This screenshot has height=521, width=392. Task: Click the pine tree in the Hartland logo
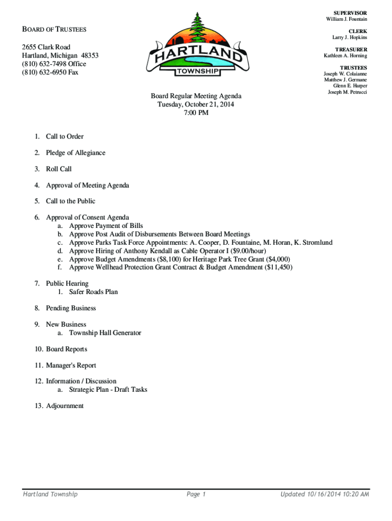pyautogui.click(x=197, y=25)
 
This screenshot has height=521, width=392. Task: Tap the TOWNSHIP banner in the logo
pyautogui.click(x=198, y=72)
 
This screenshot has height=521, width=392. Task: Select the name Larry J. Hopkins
pyautogui.click(x=350, y=38)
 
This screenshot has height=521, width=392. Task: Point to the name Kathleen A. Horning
pyautogui.click(x=346, y=55)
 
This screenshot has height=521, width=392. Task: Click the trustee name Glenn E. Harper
pyautogui.click(x=350, y=86)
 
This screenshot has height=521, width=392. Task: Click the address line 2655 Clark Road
pyautogui.click(x=46, y=47)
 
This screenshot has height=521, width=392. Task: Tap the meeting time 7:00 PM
pyautogui.click(x=196, y=112)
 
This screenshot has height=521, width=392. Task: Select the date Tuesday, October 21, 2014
pyautogui.click(x=196, y=104)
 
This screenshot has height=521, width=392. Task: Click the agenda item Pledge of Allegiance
pyautogui.click(x=76, y=153)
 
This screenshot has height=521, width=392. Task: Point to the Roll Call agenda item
pyautogui.click(x=59, y=169)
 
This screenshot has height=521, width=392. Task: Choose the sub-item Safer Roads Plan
pyautogui.click(x=94, y=292)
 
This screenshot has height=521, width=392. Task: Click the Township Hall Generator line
pyautogui.click(x=105, y=333)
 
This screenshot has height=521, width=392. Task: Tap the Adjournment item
pyautogui.click(x=65, y=406)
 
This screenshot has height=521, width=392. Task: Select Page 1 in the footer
pyautogui.click(x=196, y=494)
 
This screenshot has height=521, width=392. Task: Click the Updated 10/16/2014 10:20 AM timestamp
pyautogui.click(x=325, y=494)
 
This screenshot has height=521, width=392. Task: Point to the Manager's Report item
pyautogui.click(x=71, y=365)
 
